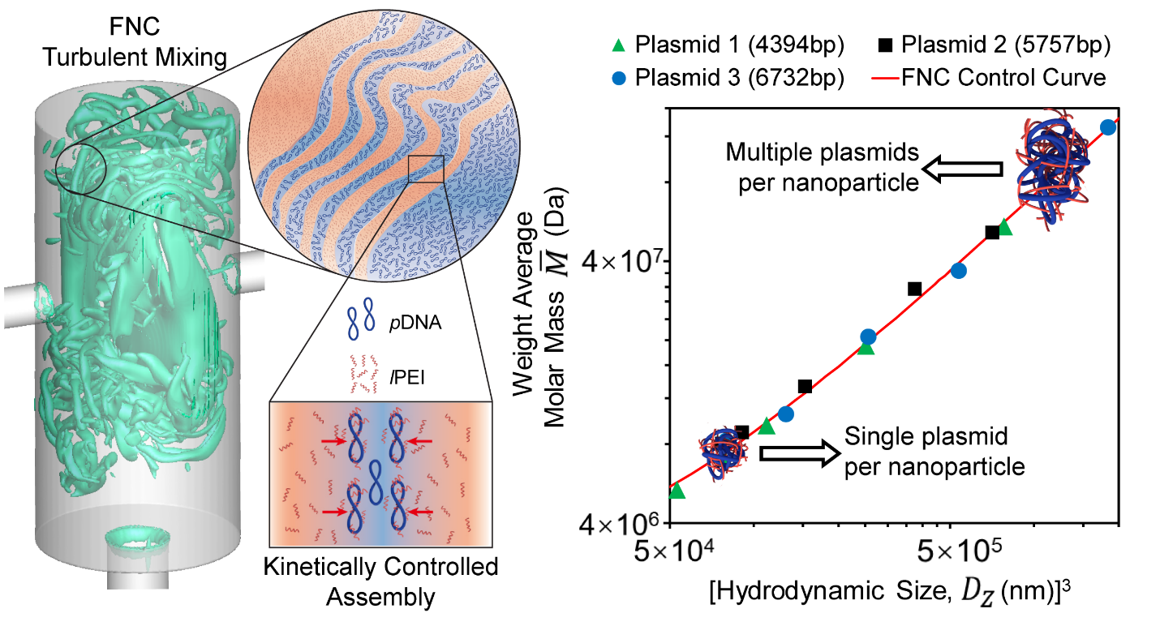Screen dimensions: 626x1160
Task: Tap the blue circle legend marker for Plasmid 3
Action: tap(619, 79)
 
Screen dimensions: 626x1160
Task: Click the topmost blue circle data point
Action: tap(1108, 127)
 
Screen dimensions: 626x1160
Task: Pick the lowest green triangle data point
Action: tap(677, 491)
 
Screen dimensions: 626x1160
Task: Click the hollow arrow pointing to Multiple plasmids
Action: tap(963, 169)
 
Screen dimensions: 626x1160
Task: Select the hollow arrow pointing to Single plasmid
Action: tap(792, 452)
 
